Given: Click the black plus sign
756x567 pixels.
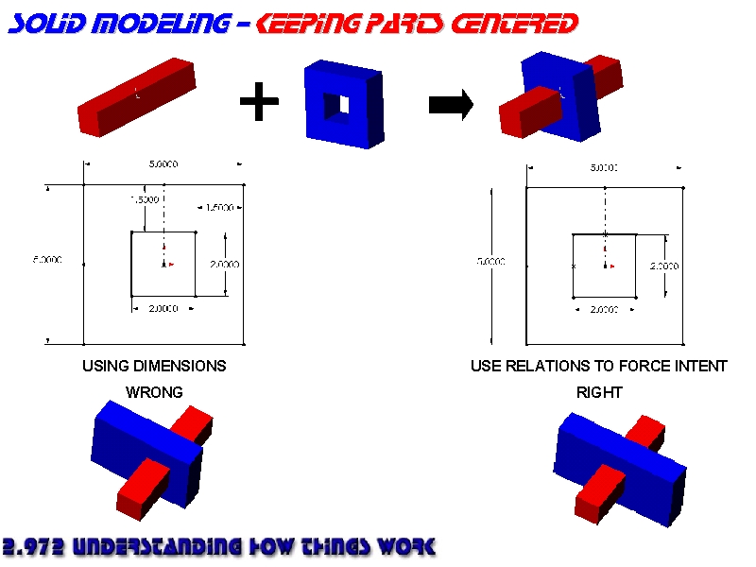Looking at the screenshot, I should click(x=259, y=103).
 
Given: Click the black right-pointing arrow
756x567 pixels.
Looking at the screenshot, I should click(x=451, y=105).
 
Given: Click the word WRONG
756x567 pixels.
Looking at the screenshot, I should click(x=154, y=391).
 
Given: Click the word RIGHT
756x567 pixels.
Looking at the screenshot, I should click(x=599, y=391).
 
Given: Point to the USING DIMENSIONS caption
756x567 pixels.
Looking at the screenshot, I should click(x=154, y=366).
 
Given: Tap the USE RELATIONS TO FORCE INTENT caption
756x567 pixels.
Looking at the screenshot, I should click(x=599, y=366).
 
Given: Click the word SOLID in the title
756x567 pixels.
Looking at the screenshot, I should click(x=43, y=23).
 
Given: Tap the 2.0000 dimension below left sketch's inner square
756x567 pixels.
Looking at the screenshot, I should click(x=163, y=309).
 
